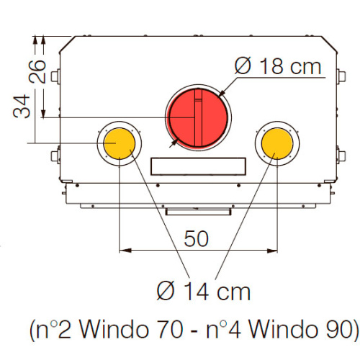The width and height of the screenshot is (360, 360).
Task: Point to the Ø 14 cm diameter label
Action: click(204, 292)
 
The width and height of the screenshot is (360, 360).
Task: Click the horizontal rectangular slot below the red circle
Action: click(198, 166)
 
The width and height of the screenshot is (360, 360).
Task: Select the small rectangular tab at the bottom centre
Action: click(198, 212)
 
